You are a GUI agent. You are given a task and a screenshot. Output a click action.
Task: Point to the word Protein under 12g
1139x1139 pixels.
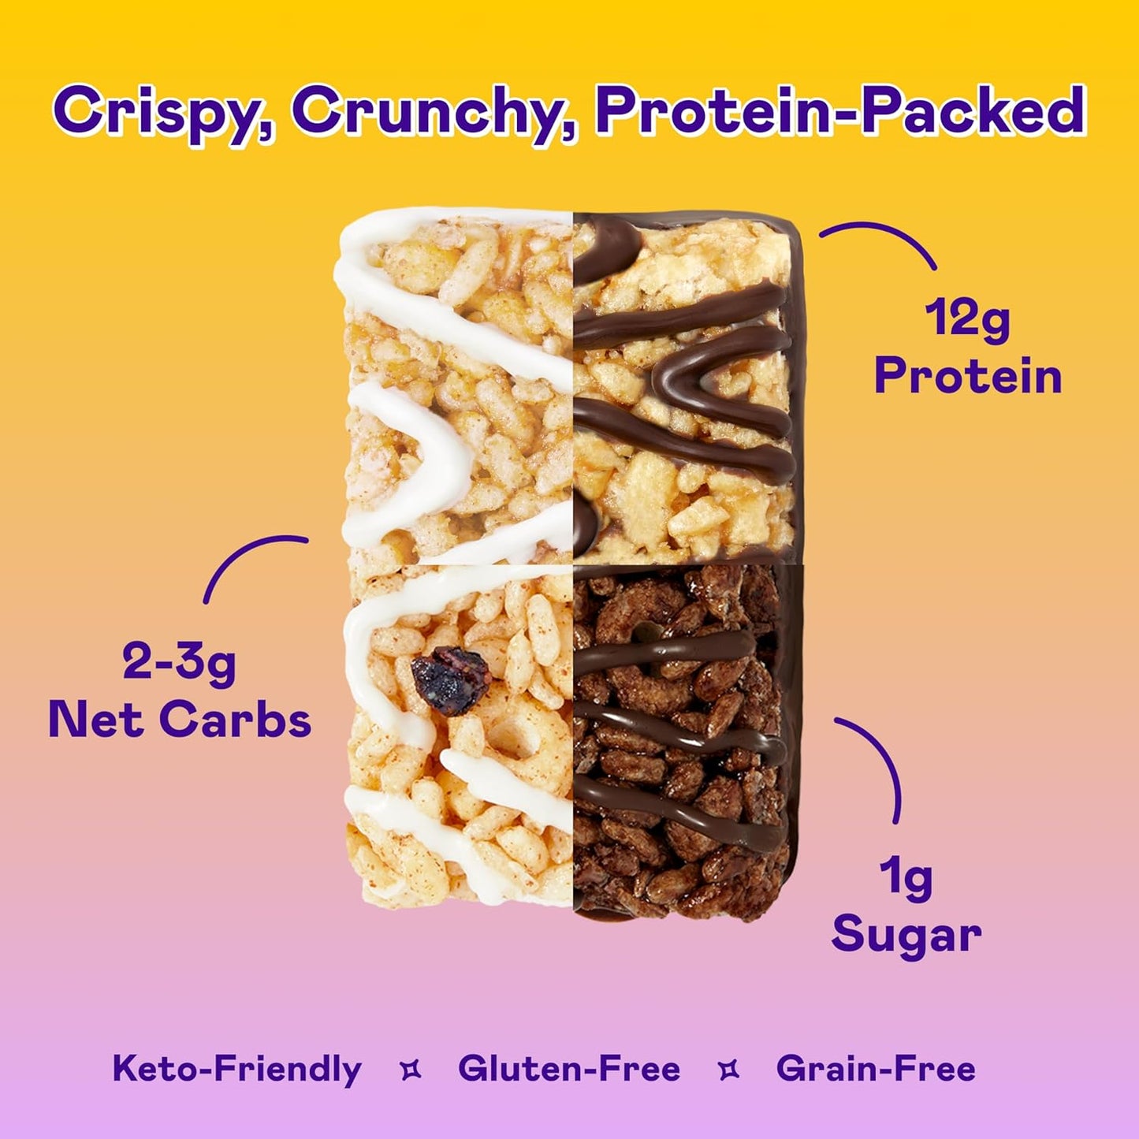(968, 376)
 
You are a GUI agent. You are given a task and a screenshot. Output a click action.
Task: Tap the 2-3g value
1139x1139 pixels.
(179, 663)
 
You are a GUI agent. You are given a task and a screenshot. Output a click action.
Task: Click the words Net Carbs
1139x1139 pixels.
(180, 720)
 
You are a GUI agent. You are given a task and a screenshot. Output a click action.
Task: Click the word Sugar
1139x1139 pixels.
(906, 935)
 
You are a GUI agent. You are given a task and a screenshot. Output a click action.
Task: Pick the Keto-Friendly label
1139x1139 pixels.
(237, 1069)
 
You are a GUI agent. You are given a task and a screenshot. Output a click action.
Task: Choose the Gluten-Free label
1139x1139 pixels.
(569, 1069)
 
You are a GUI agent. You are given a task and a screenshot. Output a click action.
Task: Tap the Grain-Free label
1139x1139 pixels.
(876, 1069)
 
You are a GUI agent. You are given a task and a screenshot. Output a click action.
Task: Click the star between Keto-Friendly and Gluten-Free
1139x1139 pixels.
(411, 1070)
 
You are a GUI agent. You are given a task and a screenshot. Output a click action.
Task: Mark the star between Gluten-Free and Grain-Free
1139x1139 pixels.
(729, 1070)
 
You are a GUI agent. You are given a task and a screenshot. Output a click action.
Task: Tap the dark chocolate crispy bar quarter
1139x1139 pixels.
(682, 741)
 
